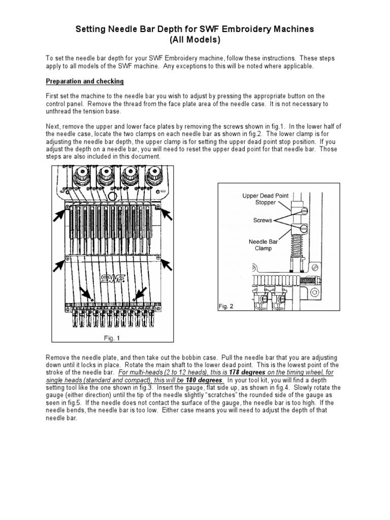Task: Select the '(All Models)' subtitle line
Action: point(194,40)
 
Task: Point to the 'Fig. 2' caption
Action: point(227,306)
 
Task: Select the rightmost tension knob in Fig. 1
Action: point(151,178)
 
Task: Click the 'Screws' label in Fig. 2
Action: point(263,220)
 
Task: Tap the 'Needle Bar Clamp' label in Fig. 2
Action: point(259,245)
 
